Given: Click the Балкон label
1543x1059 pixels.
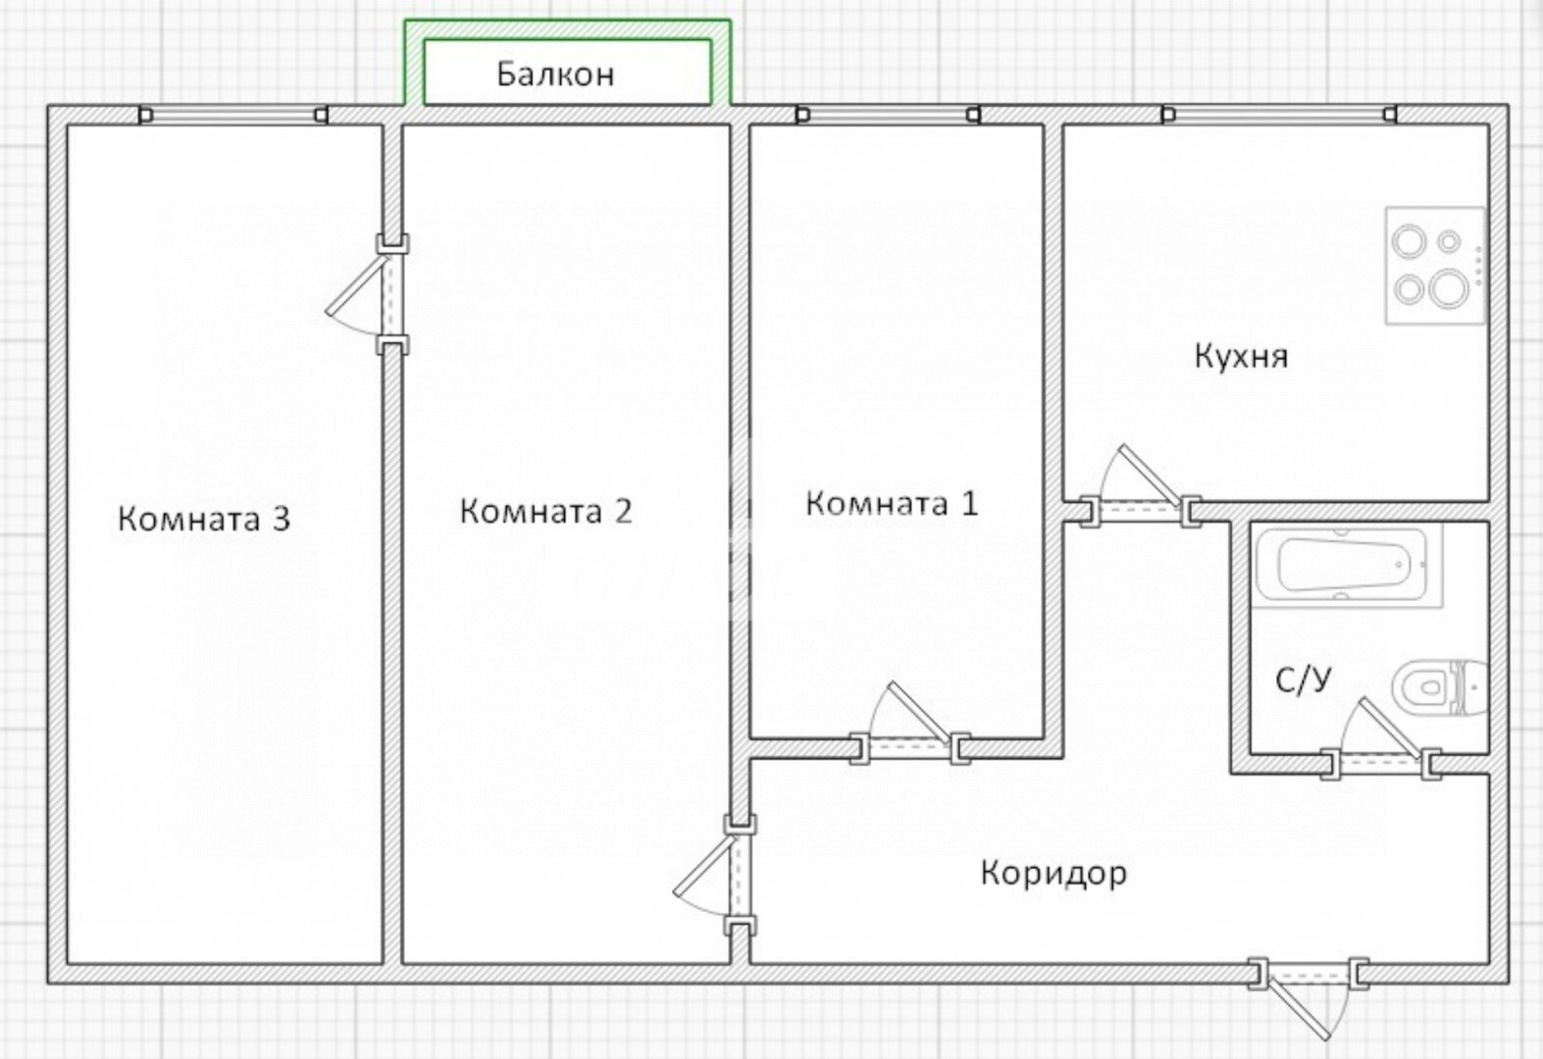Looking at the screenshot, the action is [x=555, y=74].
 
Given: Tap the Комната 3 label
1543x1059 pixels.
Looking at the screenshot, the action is [x=204, y=519].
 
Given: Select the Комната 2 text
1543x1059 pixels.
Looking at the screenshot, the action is [x=545, y=511].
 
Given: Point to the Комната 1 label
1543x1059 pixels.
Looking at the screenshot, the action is [x=892, y=503].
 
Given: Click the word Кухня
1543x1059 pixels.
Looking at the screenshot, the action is [x=1241, y=357].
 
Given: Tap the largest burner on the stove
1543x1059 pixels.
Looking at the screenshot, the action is [x=1448, y=288].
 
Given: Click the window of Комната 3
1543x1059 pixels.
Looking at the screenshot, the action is [x=233, y=115].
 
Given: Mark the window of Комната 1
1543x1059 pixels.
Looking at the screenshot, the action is [x=888, y=115].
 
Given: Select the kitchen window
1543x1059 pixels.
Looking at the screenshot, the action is [x=1279, y=115].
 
